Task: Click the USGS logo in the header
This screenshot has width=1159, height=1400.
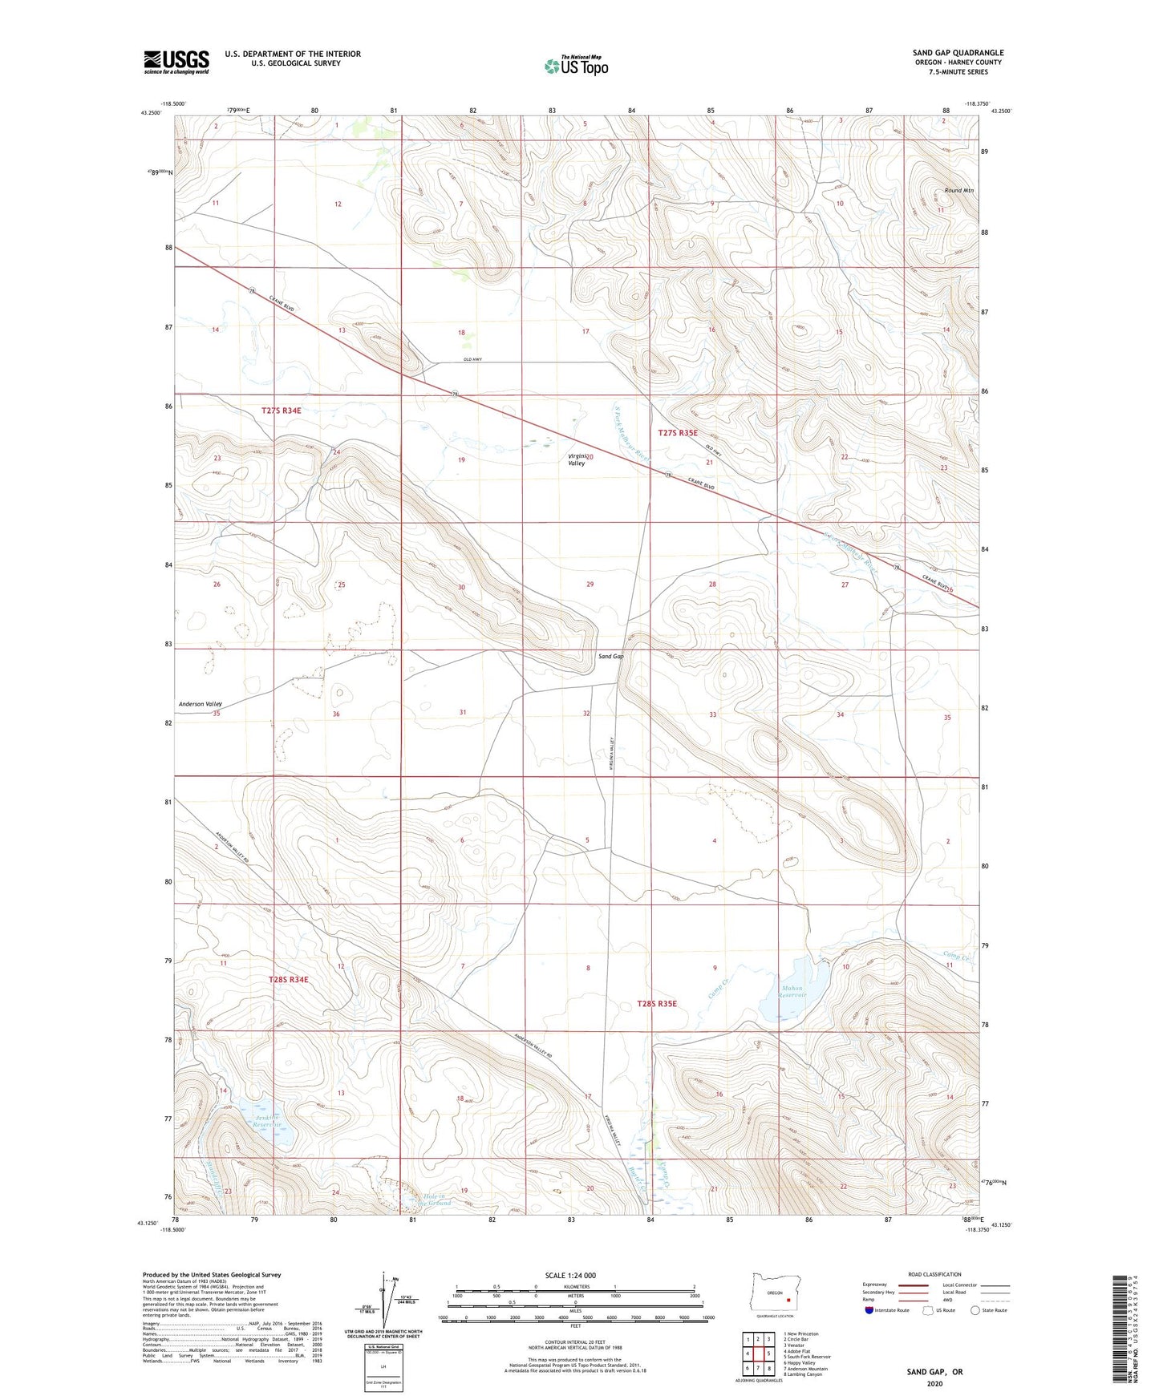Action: [176, 61]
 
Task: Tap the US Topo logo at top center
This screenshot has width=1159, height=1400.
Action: [576, 65]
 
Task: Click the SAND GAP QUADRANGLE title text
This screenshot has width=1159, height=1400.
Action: [958, 53]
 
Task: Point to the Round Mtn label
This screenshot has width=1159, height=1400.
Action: [958, 191]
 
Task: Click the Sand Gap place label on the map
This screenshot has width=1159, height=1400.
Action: [610, 657]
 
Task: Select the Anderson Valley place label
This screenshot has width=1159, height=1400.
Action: [200, 704]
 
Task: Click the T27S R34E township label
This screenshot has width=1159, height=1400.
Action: [282, 411]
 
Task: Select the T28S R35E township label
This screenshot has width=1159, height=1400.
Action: [657, 1004]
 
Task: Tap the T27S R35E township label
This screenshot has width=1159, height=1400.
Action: [679, 433]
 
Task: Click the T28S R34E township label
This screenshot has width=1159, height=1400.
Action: [288, 980]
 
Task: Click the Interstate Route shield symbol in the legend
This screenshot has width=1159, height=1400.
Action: [870, 1310]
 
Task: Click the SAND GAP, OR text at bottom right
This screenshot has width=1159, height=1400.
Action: [934, 1372]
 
